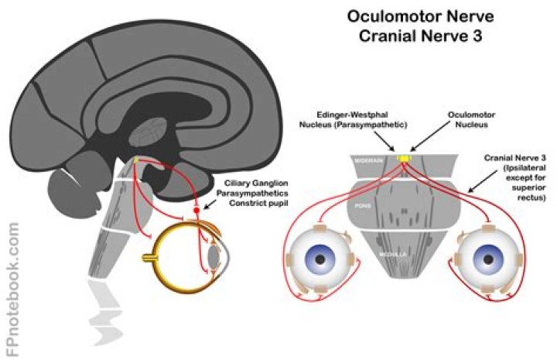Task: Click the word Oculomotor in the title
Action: [382, 15]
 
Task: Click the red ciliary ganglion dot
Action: [196, 210]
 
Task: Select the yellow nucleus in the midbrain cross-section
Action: [403, 158]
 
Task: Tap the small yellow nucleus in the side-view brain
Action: [137, 161]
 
